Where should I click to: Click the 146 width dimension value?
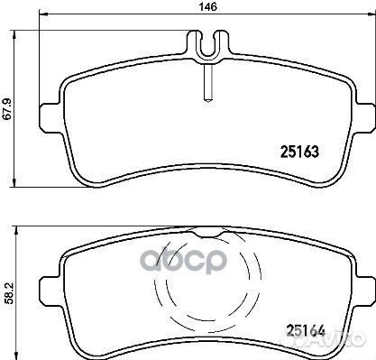[x=208, y=6]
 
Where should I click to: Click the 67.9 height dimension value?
[x=7, y=109]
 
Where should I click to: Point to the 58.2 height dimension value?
[x=10, y=293]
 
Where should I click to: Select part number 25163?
[x=299, y=152]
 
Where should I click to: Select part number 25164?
[x=306, y=331]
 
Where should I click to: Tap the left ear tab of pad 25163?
[x=50, y=117]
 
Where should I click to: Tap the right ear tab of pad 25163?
[x=365, y=117]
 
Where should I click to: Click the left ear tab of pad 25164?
[x=50, y=291]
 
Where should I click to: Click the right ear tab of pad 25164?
[x=365, y=291]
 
